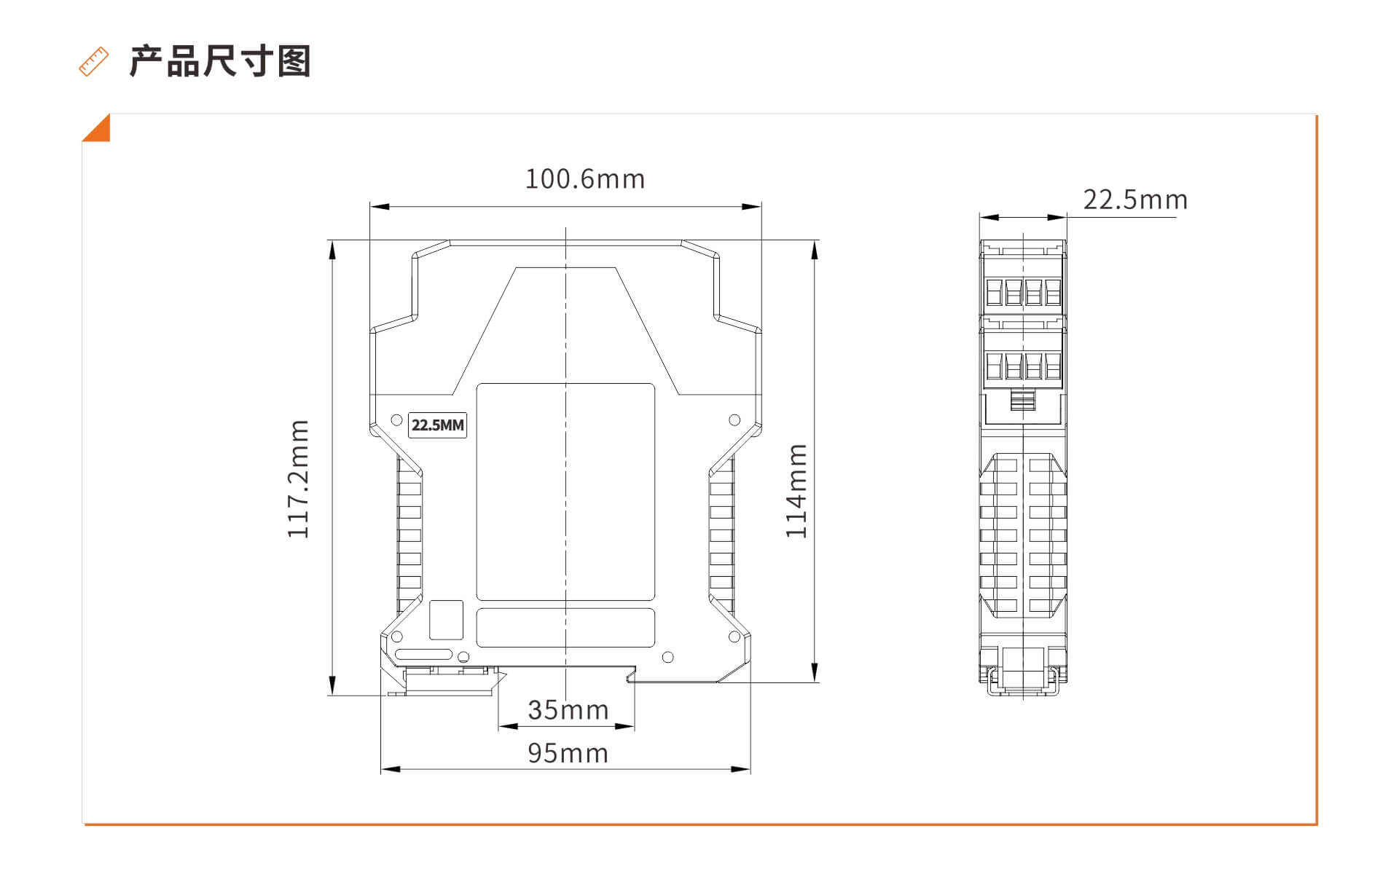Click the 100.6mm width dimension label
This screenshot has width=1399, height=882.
pos(585,179)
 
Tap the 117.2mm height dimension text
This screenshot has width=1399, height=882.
pos(299,479)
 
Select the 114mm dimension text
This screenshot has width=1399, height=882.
pos(796,491)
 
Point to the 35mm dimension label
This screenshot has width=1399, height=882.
pos(568,710)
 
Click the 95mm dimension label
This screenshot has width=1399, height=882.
pos(568,754)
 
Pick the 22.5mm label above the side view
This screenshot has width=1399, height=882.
pos(1135,200)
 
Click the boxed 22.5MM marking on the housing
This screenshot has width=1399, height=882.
pos(437,425)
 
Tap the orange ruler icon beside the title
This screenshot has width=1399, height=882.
pos(94,62)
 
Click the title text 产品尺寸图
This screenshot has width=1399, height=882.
pos(220,61)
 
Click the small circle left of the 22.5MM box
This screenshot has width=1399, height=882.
pos(397,420)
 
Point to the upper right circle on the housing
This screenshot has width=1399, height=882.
pos(734,420)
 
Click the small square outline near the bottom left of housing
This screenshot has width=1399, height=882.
pos(446,620)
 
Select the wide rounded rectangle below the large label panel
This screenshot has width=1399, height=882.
pos(565,628)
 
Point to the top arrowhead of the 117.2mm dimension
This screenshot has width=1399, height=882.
pos(332,250)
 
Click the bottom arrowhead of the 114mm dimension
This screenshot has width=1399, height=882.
pos(815,672)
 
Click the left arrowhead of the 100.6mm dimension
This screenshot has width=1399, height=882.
pos(380,207)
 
